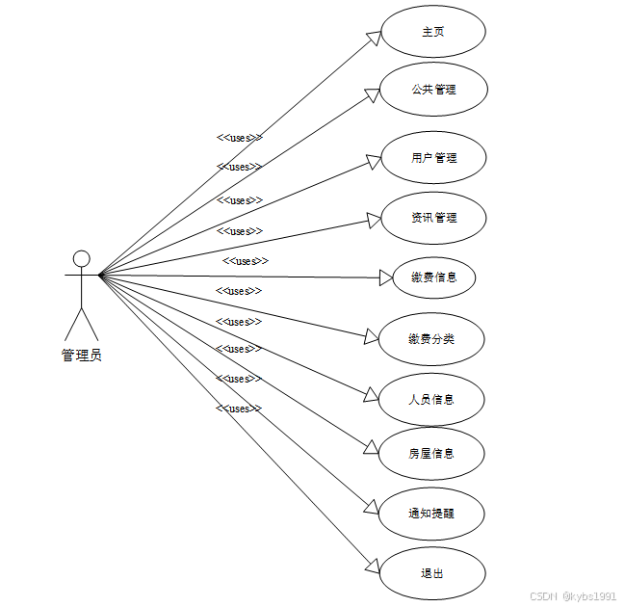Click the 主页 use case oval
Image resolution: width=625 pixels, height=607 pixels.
tap(432, 32)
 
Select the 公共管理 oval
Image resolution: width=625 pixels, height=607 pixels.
tap(432, 90)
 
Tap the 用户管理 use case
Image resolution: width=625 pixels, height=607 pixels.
tap(433, 158)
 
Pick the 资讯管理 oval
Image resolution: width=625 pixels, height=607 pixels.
tap(433, 218)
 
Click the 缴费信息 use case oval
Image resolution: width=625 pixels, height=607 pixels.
tap(432, 277)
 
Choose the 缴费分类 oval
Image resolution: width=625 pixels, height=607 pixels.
tap(431, 339)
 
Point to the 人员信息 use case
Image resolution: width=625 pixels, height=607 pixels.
tap(430, 399)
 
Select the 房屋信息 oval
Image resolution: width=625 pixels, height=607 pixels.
tap(430, 453)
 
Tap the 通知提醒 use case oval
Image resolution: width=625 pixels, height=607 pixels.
tap(430, 514)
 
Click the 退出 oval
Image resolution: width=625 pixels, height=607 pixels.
tap(430, 573)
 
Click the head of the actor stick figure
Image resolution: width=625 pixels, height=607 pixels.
tap(82, 258)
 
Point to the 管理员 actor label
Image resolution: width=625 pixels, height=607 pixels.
tap(82, 356)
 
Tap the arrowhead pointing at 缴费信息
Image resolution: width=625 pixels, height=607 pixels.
tap(386, 277)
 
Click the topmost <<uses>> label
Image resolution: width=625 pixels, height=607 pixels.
tap(239, 138)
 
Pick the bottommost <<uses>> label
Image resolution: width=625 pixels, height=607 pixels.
tap(239, 409)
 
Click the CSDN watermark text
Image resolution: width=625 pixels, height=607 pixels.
tap(573, 596)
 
